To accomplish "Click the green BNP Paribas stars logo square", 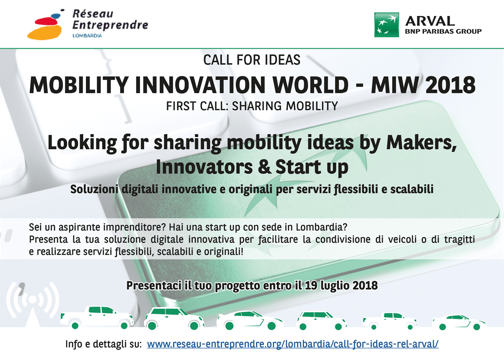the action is (387, 25).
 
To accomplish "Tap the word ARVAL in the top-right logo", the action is (430, 21).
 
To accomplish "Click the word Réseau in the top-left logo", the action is (92, 14).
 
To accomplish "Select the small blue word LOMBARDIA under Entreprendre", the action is (87, 35).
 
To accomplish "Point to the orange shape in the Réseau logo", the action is (44, 32).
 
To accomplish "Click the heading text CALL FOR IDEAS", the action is (252, 60).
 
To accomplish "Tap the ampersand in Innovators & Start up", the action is (264, 167).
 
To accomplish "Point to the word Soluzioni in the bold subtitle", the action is (94, 189).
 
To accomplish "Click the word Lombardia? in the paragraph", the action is (321, 227).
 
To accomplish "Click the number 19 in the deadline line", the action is (310, 285).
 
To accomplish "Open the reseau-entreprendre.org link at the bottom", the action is (293, 344).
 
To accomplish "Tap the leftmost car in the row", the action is (97, 318).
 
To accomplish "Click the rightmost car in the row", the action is (459, 322).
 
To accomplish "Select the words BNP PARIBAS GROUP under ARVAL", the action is (443, 31).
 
